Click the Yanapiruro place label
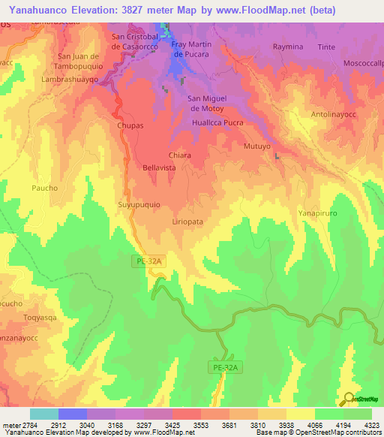(322, 212)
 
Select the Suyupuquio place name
(139, 203)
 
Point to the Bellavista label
(159, 168)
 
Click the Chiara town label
(179, 155)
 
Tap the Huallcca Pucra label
(218, 122)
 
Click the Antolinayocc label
(335, 115)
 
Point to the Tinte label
(326, 47)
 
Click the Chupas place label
(130, 126)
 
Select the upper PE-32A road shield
(150, 261)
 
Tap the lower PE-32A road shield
(224, 367)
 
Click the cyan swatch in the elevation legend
(43, 414)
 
